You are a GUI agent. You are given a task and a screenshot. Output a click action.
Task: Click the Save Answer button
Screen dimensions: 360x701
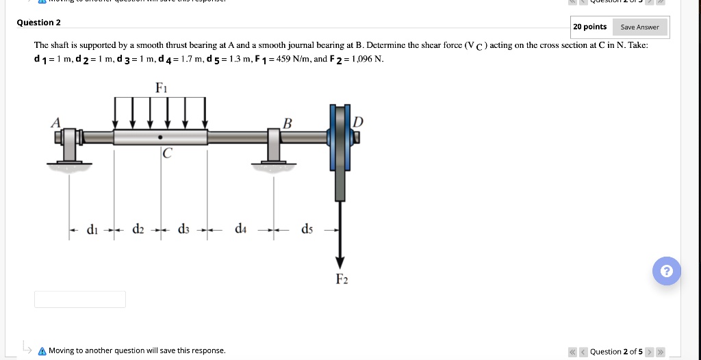coord(639,27)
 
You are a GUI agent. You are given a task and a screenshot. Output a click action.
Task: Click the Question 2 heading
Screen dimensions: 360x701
coord(39,23)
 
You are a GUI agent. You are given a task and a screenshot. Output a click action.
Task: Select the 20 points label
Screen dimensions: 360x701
coord(589,27)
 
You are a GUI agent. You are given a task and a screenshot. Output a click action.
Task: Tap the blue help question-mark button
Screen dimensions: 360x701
coord(667,270)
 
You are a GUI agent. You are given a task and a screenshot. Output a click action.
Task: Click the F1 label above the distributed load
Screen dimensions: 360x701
coord(161,88)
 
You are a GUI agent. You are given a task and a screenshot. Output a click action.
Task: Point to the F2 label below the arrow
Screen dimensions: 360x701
coord(341,279)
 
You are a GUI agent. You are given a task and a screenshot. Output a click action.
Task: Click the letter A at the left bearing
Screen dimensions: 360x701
coord(55,121)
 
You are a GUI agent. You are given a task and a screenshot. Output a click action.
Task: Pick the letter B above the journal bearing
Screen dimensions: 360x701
coord(288,123)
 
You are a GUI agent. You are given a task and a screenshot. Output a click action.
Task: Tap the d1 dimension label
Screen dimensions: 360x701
coord(92,229)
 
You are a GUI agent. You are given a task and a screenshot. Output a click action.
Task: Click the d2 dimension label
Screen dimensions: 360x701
coord(138,229)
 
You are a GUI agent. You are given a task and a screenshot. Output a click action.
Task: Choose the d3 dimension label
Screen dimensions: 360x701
coord(184,229)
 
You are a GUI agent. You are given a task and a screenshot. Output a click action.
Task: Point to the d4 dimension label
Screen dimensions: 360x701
coord(240,229)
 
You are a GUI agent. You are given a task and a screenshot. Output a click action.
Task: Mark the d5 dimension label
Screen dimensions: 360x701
coord(307,229)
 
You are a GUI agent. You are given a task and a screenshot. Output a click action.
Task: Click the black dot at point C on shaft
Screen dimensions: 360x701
coord(160,137)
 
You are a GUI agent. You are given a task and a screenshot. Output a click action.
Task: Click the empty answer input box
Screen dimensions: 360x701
coord(80,299)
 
